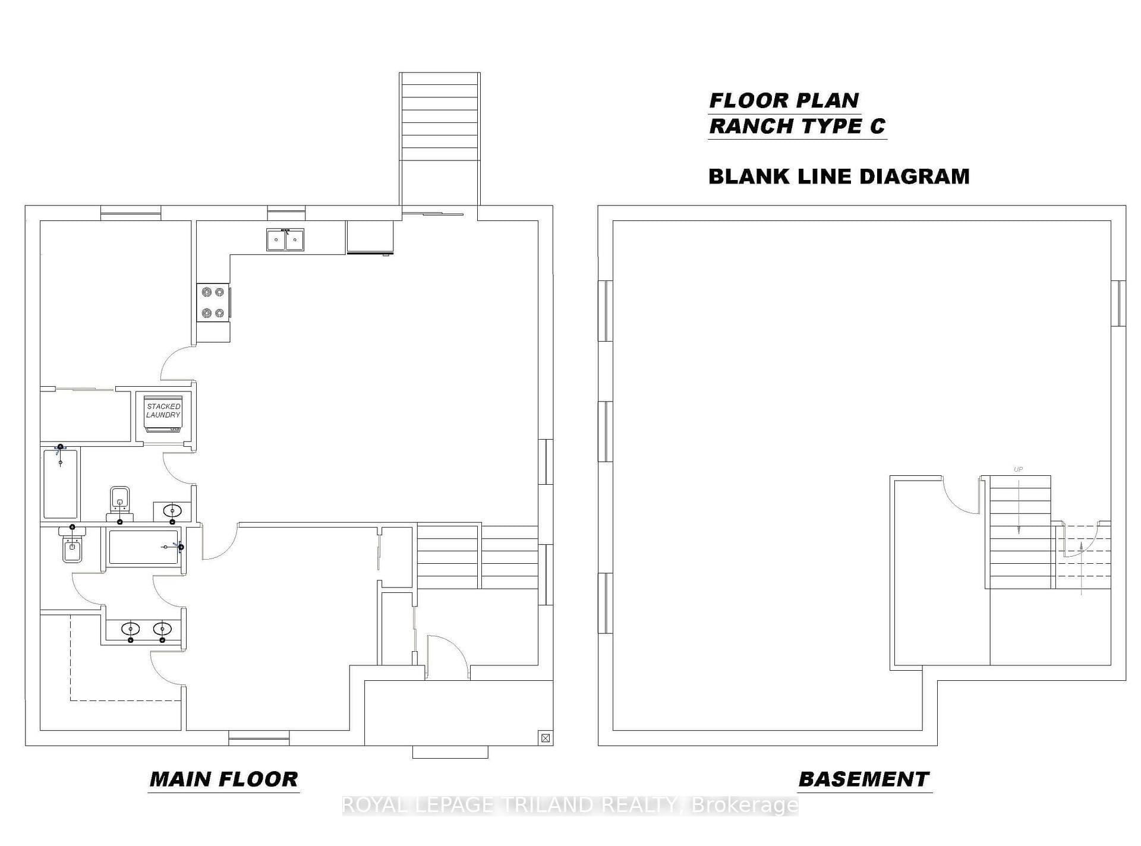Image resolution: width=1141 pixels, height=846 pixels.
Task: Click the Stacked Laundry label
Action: click(163, 411)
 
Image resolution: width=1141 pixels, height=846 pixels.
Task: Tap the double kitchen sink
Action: click(285, 239)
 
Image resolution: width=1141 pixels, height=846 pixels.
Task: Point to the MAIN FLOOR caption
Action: click(223, 779)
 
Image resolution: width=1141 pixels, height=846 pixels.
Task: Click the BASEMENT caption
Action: click(864, 779)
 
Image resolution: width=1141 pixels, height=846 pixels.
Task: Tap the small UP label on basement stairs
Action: click(1018, 469)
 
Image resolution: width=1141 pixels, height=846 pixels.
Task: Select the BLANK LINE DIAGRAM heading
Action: click(839, 176)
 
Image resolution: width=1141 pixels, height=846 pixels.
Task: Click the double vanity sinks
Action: click(146, 629)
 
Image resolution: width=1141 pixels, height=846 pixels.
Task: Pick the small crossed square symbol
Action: click(546, 738)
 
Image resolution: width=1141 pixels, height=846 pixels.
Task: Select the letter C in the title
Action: click(878, 126)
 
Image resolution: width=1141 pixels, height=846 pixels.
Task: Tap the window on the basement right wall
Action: click(1118, 303)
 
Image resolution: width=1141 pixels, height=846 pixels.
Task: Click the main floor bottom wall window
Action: click(259, 738)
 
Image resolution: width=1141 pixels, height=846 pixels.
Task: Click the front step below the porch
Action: click(450, 752)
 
